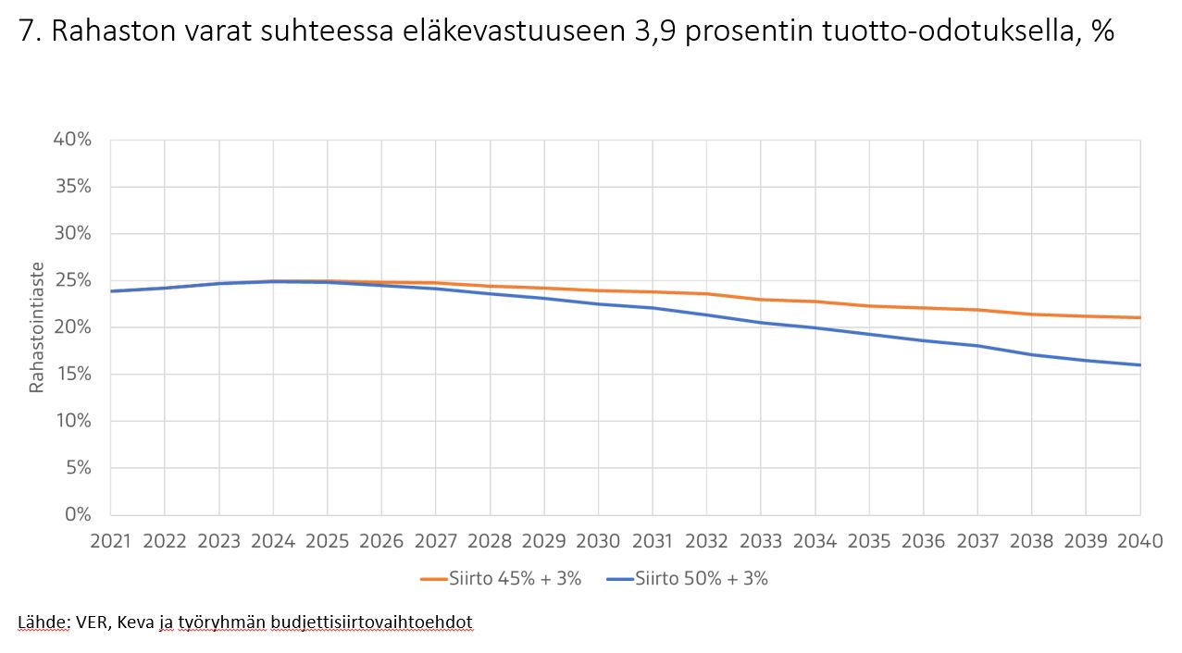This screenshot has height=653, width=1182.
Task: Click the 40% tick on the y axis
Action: click(x=71, y=140)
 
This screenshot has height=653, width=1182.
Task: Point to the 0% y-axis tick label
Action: click(x=76, y=514)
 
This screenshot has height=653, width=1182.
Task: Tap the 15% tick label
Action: click(x=71, y=374)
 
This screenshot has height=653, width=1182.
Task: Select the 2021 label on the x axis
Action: click(x=110, y=542)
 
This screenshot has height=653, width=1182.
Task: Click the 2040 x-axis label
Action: click(x=1139, y=542)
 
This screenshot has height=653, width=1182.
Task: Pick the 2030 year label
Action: click(x=598, y=542)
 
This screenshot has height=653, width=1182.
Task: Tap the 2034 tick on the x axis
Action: click(x=815, y=542)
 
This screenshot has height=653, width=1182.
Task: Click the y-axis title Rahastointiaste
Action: click(x=36, y=327)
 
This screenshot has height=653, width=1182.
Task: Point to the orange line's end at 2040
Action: click(x=1139, y=317)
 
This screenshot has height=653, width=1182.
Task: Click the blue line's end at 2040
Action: click(x=1139, y=364)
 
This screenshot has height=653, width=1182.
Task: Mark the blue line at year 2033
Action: click(x=761, y=323)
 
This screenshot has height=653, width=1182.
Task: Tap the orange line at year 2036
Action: click(x=923, y=308)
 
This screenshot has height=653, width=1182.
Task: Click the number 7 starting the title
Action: click(x=26, y=32)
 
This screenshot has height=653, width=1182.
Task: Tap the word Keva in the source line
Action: click(x=135, y=622)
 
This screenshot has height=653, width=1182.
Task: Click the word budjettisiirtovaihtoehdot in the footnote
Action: click(x=371, y=622)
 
